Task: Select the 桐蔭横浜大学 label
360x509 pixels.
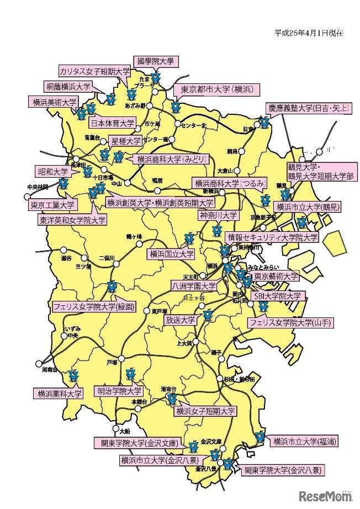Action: pyautogui.click(x=68, y=87)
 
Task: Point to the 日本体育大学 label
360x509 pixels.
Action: pyautogui.click(x=112, y=123)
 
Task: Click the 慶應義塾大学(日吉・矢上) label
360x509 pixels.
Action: pyautogui.click(x=309, y=108)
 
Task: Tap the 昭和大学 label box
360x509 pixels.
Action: pyautogui.click(x=52, y=171)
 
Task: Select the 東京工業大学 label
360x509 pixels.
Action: pyautogui.click(x=52, y=205)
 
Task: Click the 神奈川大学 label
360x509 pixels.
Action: pyautogui.click(x=219, y=215)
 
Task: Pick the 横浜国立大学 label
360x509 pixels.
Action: pyautogui.click(x=171, y=254)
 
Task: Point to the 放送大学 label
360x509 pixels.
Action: pyautogui.click(x=181, y=320)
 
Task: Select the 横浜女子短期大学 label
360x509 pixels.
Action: pyautogui.click(x=205, y=411)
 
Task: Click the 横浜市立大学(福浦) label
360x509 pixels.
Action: pyautogui.click(x=303, y=441)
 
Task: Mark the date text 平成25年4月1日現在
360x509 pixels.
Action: pyautogui.click(x=309, y=33)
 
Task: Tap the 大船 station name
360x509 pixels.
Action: pyautogui.click(x=125, y=429)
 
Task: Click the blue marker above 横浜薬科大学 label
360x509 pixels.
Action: pyautogui.click(x=73, y=378)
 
